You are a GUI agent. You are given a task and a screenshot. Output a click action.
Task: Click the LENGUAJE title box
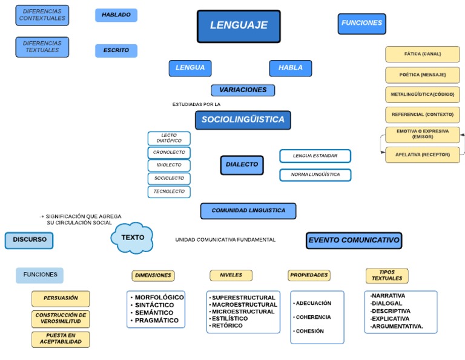[x=239, y=26]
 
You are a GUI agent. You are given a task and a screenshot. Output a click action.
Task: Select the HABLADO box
[x=116, y=15]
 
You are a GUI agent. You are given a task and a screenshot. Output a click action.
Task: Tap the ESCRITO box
[x=116, y=51]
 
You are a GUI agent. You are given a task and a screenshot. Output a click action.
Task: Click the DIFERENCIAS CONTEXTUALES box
[x=42, y=15]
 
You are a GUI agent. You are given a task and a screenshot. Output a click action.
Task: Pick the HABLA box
[x=291, y=68]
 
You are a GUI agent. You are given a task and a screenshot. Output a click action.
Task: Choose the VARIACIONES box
[x=243, y=90]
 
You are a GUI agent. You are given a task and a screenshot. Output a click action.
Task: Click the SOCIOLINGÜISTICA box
[x=243, y=120]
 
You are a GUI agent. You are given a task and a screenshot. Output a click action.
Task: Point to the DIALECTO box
[x=242, y=165]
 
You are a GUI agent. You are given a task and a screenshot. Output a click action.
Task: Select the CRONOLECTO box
[x=169, y=153]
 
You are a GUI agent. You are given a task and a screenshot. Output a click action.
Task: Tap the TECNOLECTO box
[x=169, y=192]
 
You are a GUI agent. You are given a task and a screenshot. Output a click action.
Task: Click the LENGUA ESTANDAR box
[x=315, y=156]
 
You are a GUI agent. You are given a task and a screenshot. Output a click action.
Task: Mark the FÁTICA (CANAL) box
[x=423, y=54]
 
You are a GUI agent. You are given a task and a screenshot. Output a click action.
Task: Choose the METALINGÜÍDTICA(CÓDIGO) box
[x=423, y=95]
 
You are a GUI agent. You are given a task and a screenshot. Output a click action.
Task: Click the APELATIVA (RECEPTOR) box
[x=423, y=155]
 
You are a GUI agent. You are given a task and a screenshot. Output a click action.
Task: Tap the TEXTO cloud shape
[x=133, y=238]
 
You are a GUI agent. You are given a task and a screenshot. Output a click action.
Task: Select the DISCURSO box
[x=30, y=240]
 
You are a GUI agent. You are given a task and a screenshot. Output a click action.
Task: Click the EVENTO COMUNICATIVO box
[x=354, y=241]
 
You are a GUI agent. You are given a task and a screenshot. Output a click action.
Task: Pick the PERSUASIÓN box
[x=61, y=298]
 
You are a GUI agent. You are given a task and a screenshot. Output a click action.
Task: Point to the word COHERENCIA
[x=313, y=317]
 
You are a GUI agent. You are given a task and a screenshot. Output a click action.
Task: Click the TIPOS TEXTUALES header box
[x=387, y=276]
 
